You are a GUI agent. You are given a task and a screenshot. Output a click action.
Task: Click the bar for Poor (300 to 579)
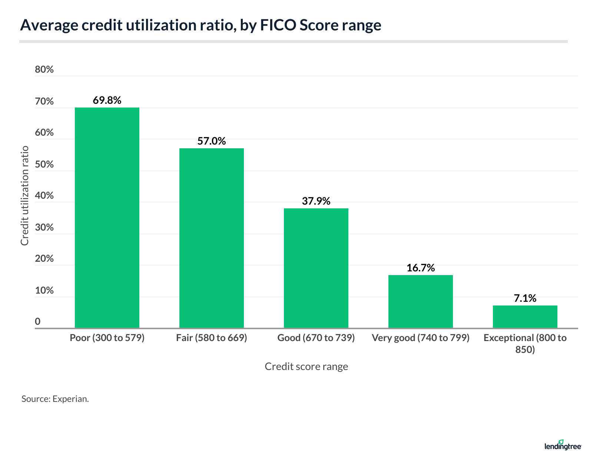107,218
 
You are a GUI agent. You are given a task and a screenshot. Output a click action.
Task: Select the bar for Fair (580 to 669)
211,238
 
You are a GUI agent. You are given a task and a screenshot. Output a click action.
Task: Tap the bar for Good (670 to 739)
316,268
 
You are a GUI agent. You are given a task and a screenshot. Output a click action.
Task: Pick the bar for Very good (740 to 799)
420,301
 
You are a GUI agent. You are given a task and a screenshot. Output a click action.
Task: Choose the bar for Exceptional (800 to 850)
525,317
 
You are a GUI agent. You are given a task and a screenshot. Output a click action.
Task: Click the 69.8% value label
107,100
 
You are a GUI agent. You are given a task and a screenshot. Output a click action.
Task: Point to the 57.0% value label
211,141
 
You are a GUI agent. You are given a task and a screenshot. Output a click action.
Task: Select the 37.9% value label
316,201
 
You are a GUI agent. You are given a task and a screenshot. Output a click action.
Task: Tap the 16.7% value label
420,268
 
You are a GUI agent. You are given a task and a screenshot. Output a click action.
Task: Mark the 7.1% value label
525,298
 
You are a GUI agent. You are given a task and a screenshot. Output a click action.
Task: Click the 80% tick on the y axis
44,69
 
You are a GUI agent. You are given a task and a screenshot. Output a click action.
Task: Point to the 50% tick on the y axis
44,164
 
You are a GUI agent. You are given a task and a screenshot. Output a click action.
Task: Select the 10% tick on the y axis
44,290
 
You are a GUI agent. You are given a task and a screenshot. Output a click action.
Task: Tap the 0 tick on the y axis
38,321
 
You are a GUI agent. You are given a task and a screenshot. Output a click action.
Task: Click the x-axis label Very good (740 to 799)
420,338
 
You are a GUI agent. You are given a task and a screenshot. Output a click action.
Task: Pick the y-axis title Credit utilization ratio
25,195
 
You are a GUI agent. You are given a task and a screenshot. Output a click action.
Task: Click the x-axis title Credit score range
306,366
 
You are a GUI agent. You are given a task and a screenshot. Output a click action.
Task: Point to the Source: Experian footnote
55,399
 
